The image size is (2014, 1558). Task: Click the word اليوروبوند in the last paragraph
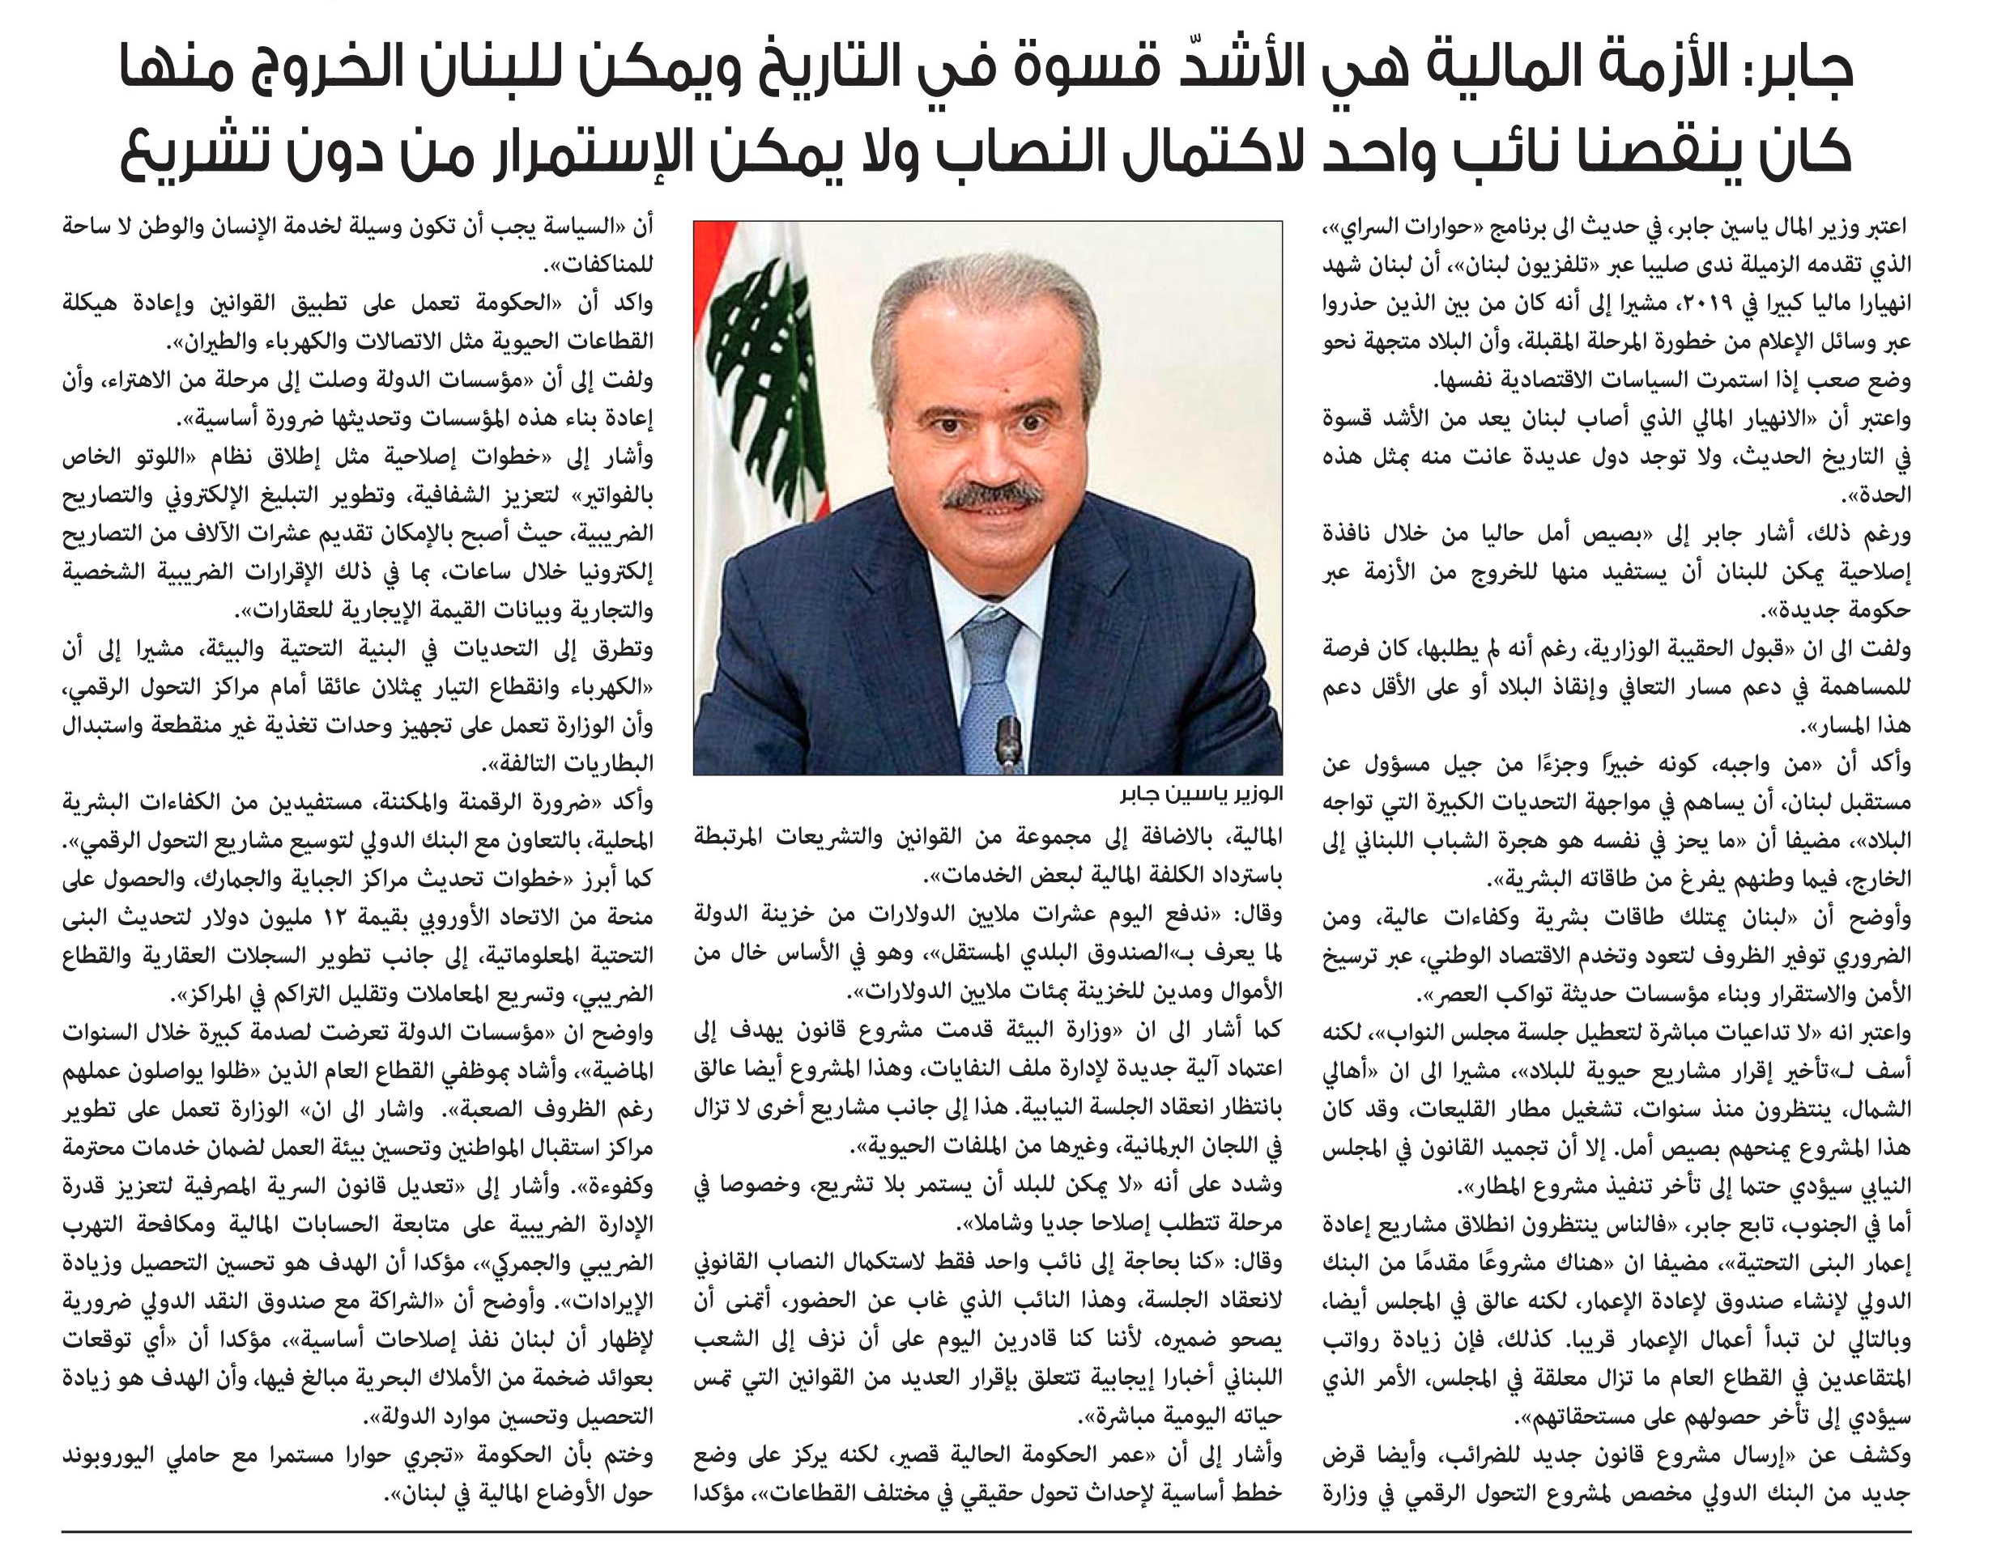[111, 1456]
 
